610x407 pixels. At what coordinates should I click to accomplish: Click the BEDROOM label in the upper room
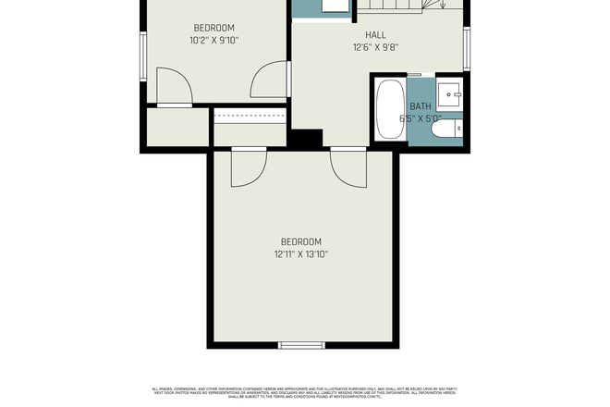pyautogui.click(x=213, y=28)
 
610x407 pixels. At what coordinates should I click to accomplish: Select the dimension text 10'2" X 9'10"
pyautogui.click(x=213, y=40)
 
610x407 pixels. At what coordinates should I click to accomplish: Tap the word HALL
pyautogui.click(x=374, y=35)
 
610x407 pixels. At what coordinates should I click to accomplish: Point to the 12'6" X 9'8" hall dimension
pyautogui.click(x=374, y=47)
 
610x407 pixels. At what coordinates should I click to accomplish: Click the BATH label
pyautogui.click(x=421, y=106)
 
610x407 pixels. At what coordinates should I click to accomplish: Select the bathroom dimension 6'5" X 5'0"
pyautogui.click(x=421, y=118)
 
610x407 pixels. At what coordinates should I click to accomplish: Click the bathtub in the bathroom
pyautogui.click(x=390, y=109)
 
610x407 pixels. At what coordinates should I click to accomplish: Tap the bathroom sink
pyautogui.click(x=449, y=92)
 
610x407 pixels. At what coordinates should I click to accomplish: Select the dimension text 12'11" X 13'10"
pyautogui.click(x=301, y=253)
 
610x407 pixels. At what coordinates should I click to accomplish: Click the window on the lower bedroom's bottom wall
pyautogui.click(x=302, y=346)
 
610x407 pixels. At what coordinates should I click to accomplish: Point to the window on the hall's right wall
pyautogui.click(x=467, y=48)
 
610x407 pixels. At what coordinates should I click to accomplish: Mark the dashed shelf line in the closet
pyautogui.click(x=250, y=116)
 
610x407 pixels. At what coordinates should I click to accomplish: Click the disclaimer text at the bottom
pyautogui.click(x=304, y=392)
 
